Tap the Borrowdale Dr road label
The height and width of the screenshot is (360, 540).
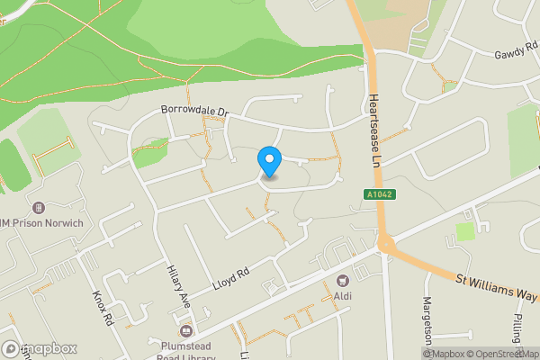195,112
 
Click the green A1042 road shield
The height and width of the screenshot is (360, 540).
379,193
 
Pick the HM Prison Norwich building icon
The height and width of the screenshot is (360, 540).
36,207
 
